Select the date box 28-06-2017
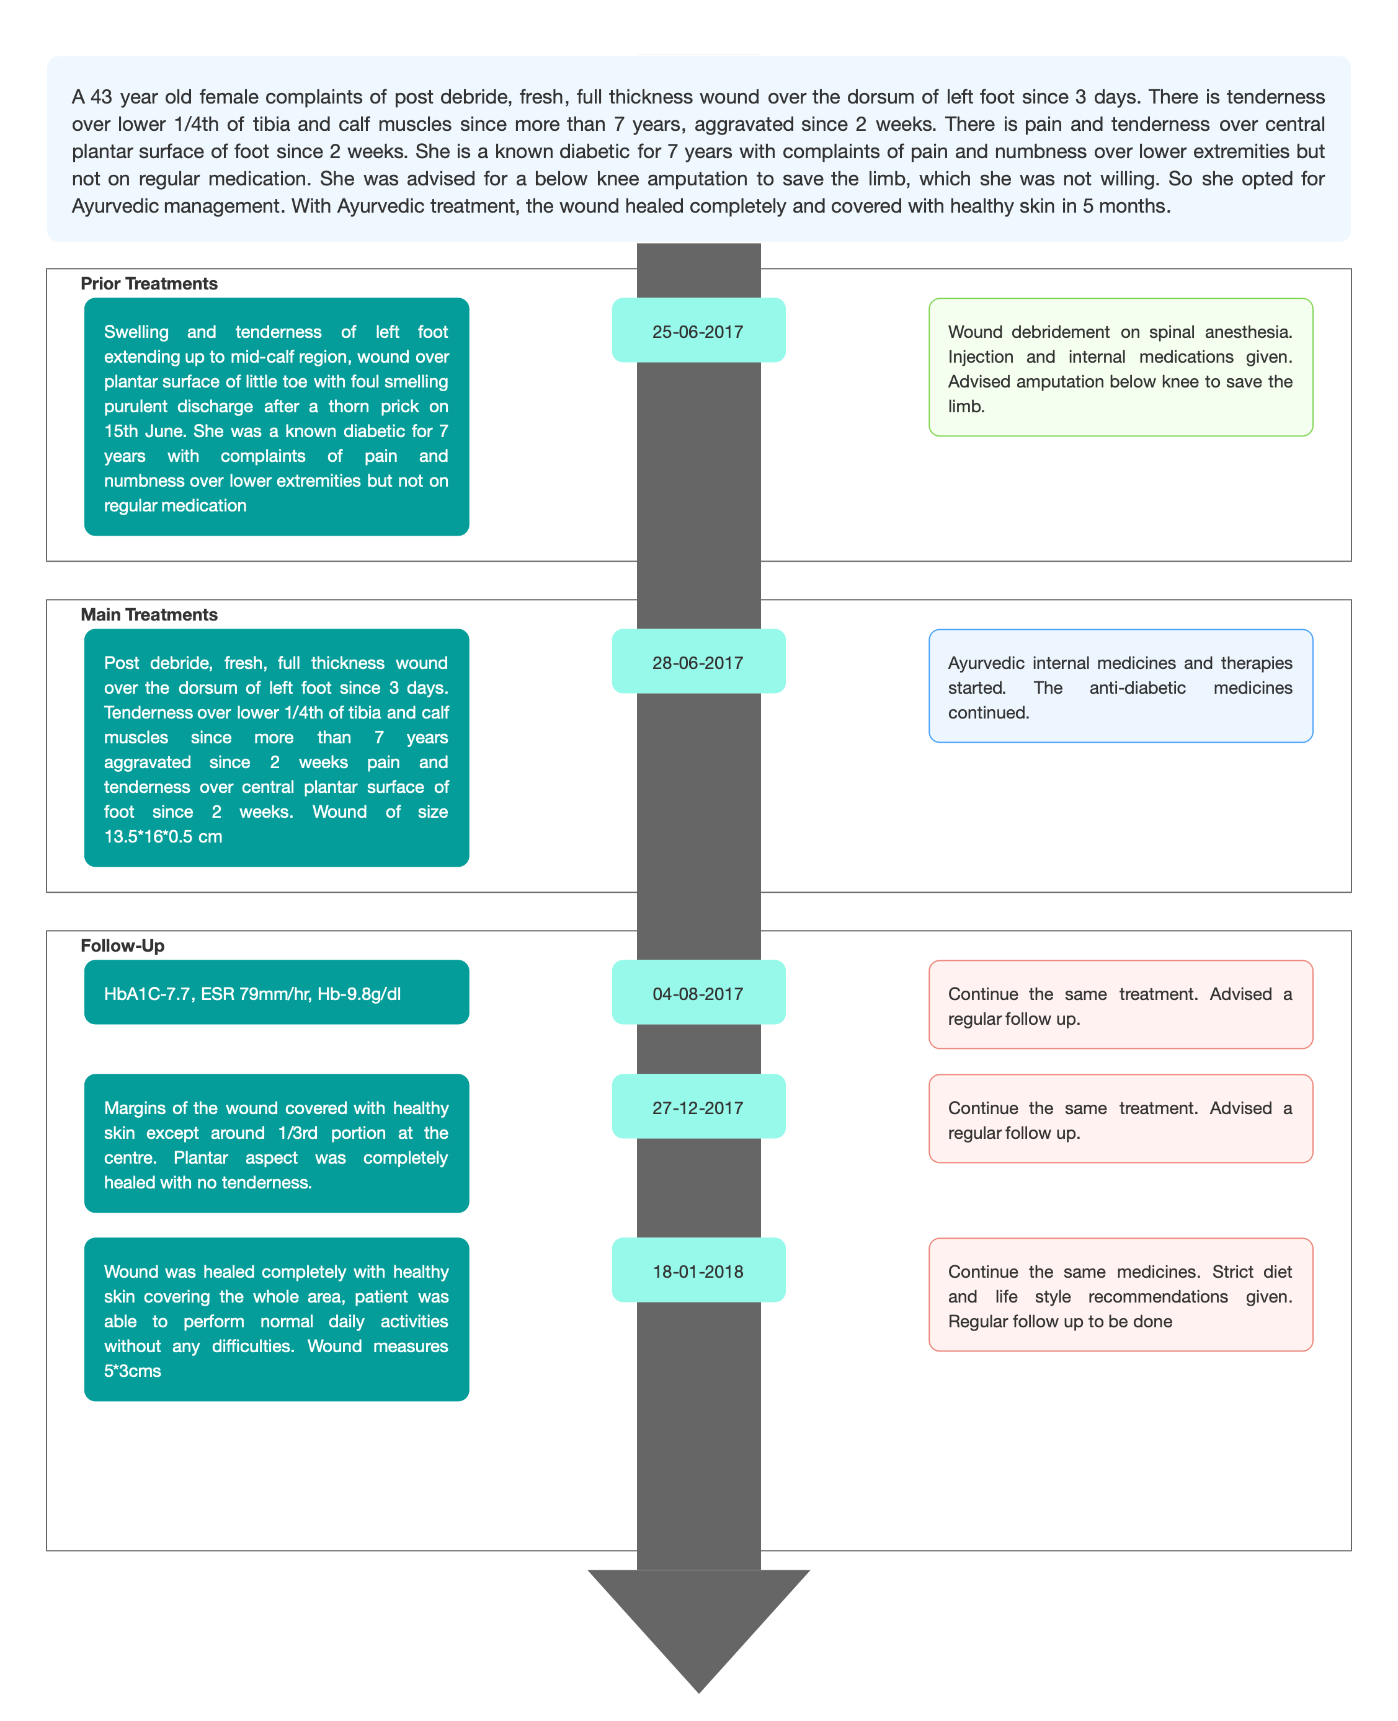(698, 661)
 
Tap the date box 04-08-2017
(698, 992)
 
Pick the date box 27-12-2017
(698, 1106)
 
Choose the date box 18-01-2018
(698, 1270)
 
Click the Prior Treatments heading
(149, 283)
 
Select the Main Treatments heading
(149, 614)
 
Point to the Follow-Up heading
(122, 945)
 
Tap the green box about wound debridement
(1121, 367)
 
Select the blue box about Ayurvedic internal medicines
(1121, 686)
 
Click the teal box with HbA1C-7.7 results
(276, 992)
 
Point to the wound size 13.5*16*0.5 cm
(163, 836)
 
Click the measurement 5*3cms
(132, 1371)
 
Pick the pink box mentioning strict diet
(1121, 1294)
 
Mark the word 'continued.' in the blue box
(988, 712)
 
